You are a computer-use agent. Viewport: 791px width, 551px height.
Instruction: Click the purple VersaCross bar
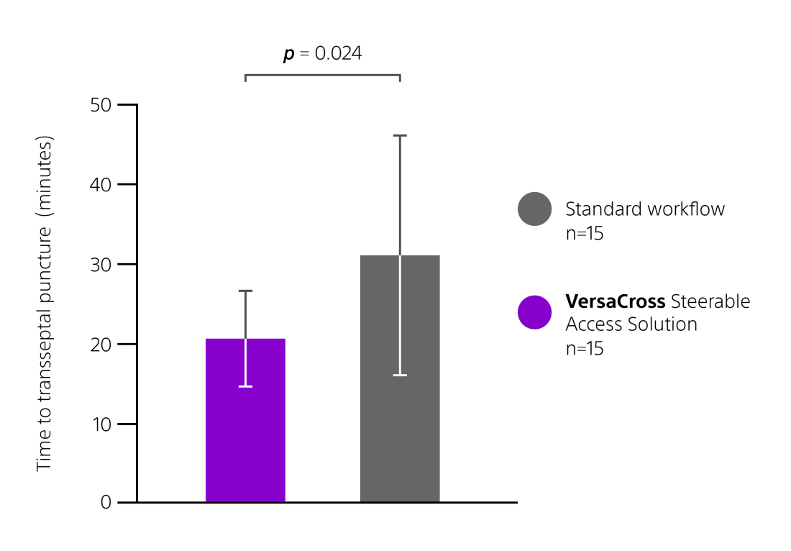[x=245, y=432]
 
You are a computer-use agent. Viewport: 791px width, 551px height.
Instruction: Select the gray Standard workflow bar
[x=400, y=432]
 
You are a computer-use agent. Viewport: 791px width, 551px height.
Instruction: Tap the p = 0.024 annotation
[x=322, y=53]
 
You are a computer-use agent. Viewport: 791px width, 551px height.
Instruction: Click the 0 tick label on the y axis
[x=106, y=502]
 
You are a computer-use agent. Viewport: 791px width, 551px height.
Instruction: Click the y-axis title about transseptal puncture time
[x=45, y=304]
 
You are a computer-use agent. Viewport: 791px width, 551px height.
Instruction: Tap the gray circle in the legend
[x=534, y=209]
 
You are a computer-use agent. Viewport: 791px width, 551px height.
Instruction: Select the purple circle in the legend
[x=534, y=312]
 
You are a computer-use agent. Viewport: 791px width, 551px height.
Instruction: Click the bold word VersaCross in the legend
[x=615, y=301]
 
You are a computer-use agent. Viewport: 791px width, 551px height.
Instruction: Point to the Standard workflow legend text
[x=645, y=209]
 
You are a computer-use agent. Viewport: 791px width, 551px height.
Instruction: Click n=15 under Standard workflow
[x=584, y=234]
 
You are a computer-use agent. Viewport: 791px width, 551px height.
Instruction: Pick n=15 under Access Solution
[x=584, y=349]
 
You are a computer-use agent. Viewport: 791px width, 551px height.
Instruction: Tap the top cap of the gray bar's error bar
[x=400, y=135]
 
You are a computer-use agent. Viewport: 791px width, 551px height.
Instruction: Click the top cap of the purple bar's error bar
[x=245, y=291]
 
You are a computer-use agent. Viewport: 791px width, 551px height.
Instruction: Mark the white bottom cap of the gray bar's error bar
[x=400, y=375]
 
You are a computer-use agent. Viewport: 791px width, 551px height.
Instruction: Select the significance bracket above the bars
[x=322, y=75]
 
